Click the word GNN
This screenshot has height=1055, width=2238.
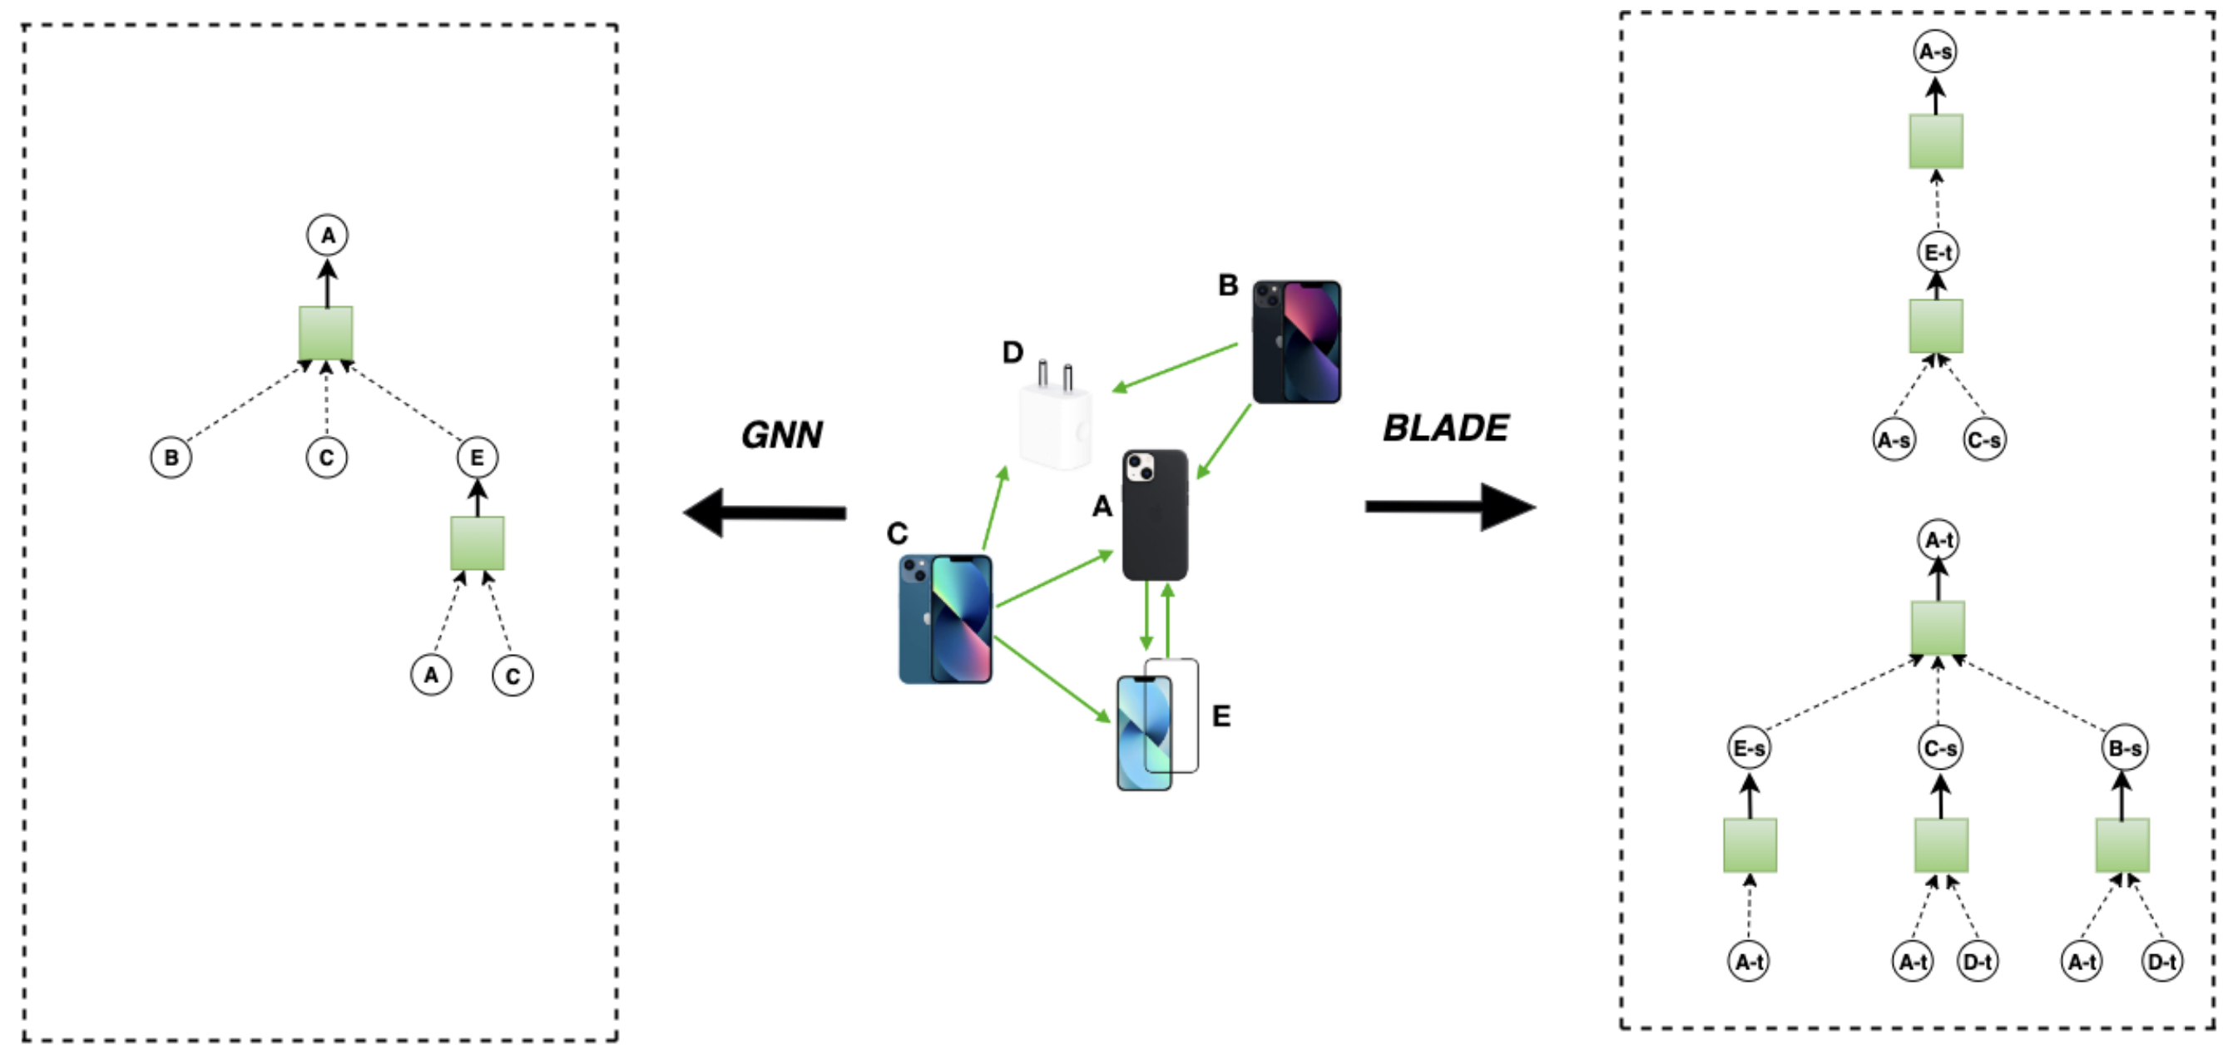[782, 434]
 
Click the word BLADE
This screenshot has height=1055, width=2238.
[1446, 428]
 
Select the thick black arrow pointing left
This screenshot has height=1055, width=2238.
[765, 513]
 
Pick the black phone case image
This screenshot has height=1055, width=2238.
[1155, 514]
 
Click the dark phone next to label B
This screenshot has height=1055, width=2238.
[1296, 341]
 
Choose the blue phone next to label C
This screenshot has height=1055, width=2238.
[945, 619]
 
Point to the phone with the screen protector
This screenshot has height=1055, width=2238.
[1156, 726]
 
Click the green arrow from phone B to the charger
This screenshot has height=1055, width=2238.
[1175, 368]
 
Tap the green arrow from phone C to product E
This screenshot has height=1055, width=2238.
[1052, 679]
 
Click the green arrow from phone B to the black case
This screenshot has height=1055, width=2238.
[1223, 442]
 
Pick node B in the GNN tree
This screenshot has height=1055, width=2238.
[171, 457]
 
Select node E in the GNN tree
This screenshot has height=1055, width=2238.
[477, 457]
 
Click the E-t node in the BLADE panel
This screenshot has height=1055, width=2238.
[1938, 252]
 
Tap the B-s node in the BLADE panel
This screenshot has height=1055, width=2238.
[2124, 747]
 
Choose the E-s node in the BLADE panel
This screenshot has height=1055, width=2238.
[1749, 747]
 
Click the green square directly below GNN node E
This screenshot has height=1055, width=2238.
[477, 543]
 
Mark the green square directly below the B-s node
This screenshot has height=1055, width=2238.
[2122, 844]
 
